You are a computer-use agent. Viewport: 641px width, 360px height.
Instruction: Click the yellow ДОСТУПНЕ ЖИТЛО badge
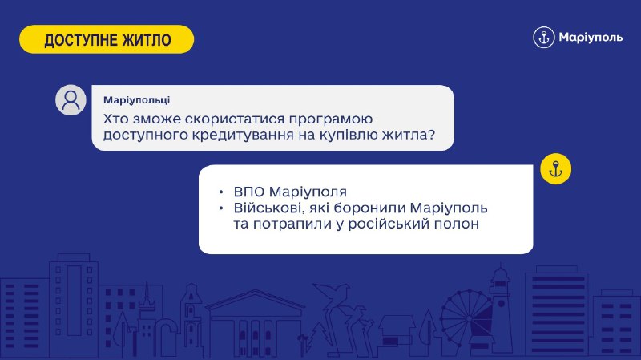107,39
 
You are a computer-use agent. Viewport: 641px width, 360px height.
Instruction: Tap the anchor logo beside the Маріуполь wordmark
544,38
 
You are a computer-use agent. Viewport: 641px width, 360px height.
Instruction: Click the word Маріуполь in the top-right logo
591,38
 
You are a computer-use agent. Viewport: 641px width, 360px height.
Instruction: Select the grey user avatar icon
71,99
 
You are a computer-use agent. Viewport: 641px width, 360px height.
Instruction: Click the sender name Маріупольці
136,100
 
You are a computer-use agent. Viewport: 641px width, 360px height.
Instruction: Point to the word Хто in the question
115,119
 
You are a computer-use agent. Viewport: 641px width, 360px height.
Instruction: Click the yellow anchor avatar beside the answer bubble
555,169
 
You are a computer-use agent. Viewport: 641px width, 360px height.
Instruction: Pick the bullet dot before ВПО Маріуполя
221,192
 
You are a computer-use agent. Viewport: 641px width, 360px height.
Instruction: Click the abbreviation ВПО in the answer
249,192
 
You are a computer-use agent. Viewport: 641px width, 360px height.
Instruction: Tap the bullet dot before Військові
221,208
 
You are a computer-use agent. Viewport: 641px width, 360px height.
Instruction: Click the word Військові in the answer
269,208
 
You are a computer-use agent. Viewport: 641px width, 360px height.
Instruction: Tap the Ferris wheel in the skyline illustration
466,317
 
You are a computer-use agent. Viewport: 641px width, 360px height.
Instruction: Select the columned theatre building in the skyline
255,323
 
